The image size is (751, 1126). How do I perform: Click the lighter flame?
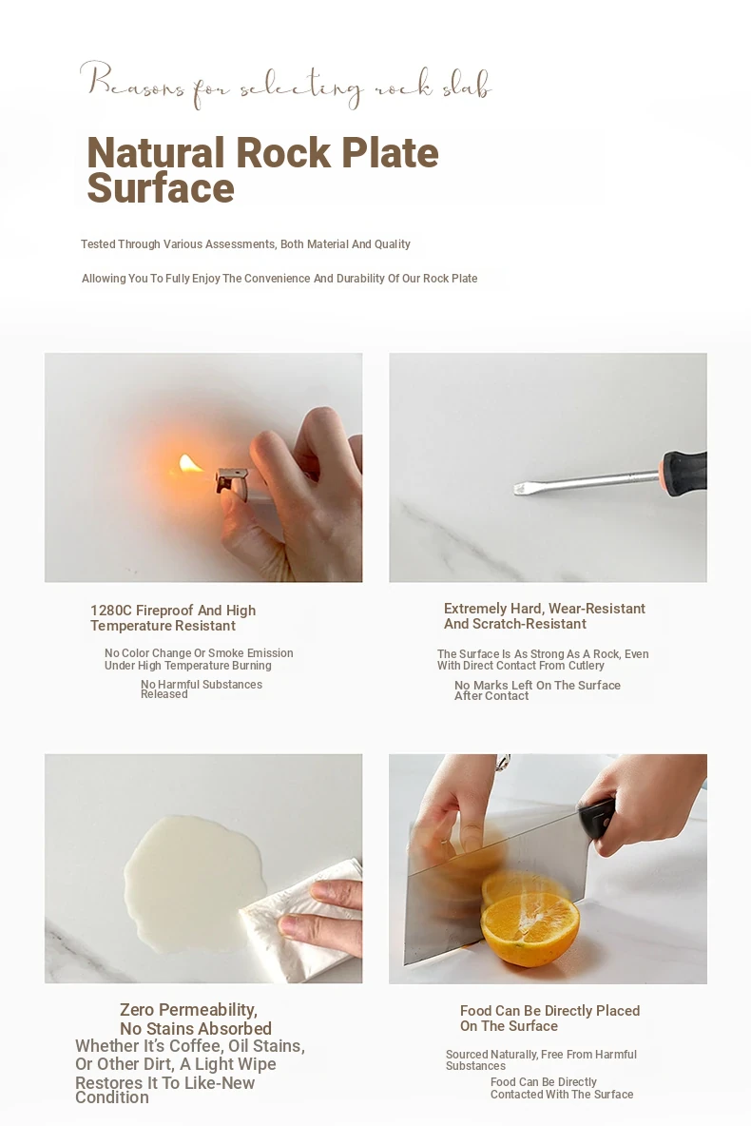(190, 464)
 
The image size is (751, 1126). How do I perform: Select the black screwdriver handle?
(685, 473)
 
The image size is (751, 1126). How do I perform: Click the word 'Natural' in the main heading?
(156, 153)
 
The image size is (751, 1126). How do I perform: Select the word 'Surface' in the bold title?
(161, 188)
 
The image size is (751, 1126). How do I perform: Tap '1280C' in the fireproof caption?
(110, 611)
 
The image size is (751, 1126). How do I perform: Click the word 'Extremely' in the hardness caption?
(476, 609)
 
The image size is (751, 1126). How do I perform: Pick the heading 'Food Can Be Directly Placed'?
(550, 1010)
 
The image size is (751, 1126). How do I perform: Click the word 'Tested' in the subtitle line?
(98, 244)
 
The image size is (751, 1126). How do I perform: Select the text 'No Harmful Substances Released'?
(201, 689)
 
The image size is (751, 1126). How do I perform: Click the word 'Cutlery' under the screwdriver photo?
(586, 666)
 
